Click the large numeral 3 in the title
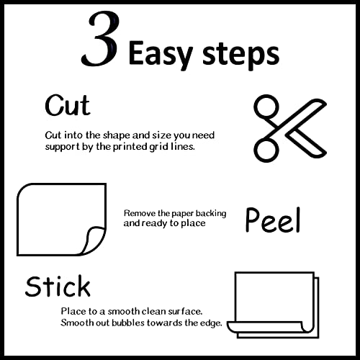coord(102,42)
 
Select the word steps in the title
coord(238,53)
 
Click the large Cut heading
coord(68,106)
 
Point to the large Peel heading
coord(272,220)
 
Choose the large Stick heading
coord(58,286)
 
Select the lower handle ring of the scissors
coord(266,147)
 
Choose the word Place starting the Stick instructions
coord(74,311)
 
